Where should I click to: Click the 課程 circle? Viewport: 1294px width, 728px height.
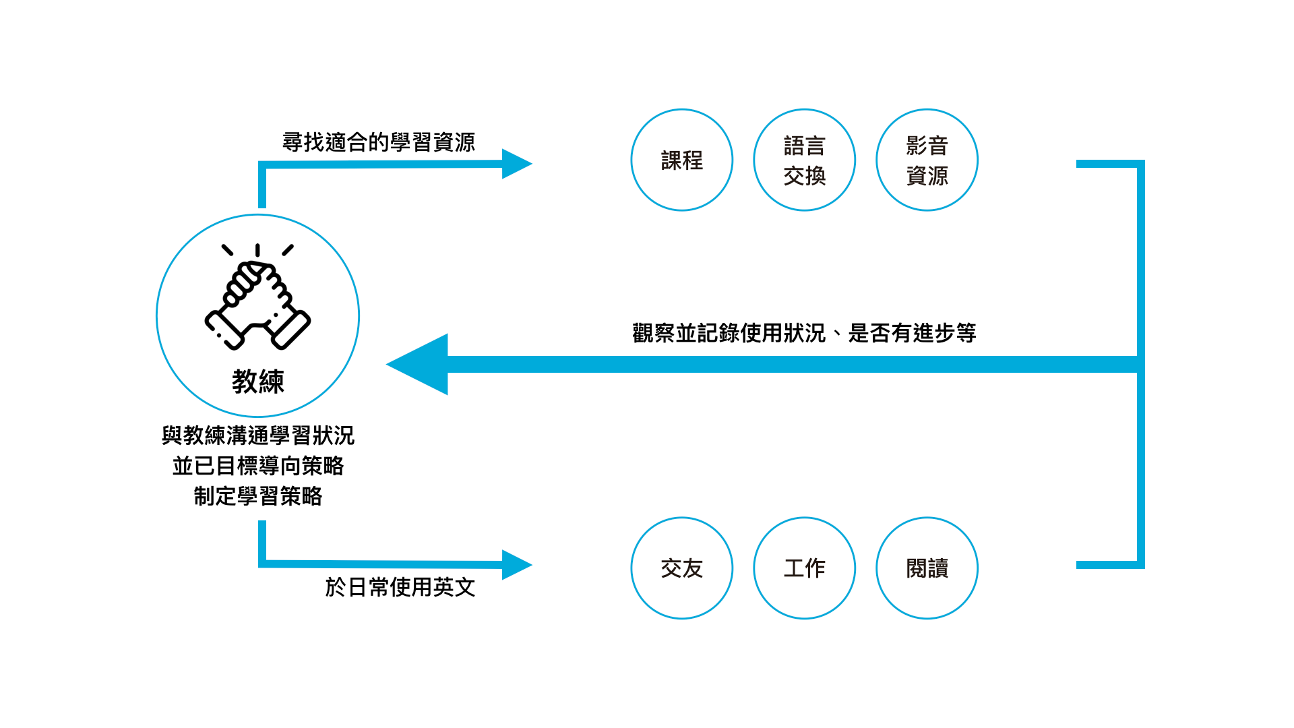[x=681, y=160]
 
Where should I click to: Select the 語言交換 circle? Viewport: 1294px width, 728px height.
[x=804, y=160]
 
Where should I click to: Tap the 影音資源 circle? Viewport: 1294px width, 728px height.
[x=927, y=160]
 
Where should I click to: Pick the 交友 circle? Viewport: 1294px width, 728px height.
[x=681, y=568]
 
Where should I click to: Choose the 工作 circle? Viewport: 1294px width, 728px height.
[x=804, y=568]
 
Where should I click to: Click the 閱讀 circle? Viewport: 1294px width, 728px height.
[x=927, y=568]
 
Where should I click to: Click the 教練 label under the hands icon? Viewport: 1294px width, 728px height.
[x=257, y=382]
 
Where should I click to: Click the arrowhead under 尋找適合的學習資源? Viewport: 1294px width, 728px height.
[x=516, y=164]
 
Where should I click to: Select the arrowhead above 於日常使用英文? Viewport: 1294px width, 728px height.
[x=516, y=565]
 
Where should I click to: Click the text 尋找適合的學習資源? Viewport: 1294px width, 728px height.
[x=379, y=142]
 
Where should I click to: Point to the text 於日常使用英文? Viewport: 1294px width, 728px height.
[x=400, y=587]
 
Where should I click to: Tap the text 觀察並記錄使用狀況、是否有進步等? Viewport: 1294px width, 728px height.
[x=804, y=333]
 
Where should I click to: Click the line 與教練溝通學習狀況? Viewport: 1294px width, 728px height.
[x=257, y=435]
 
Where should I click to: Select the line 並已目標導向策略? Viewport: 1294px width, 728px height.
[x=257, y=466]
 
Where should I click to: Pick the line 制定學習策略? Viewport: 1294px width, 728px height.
[x=257, y=496]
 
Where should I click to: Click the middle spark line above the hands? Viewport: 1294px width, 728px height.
[x=257, y=250]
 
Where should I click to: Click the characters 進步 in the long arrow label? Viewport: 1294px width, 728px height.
[x=934, y=333]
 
